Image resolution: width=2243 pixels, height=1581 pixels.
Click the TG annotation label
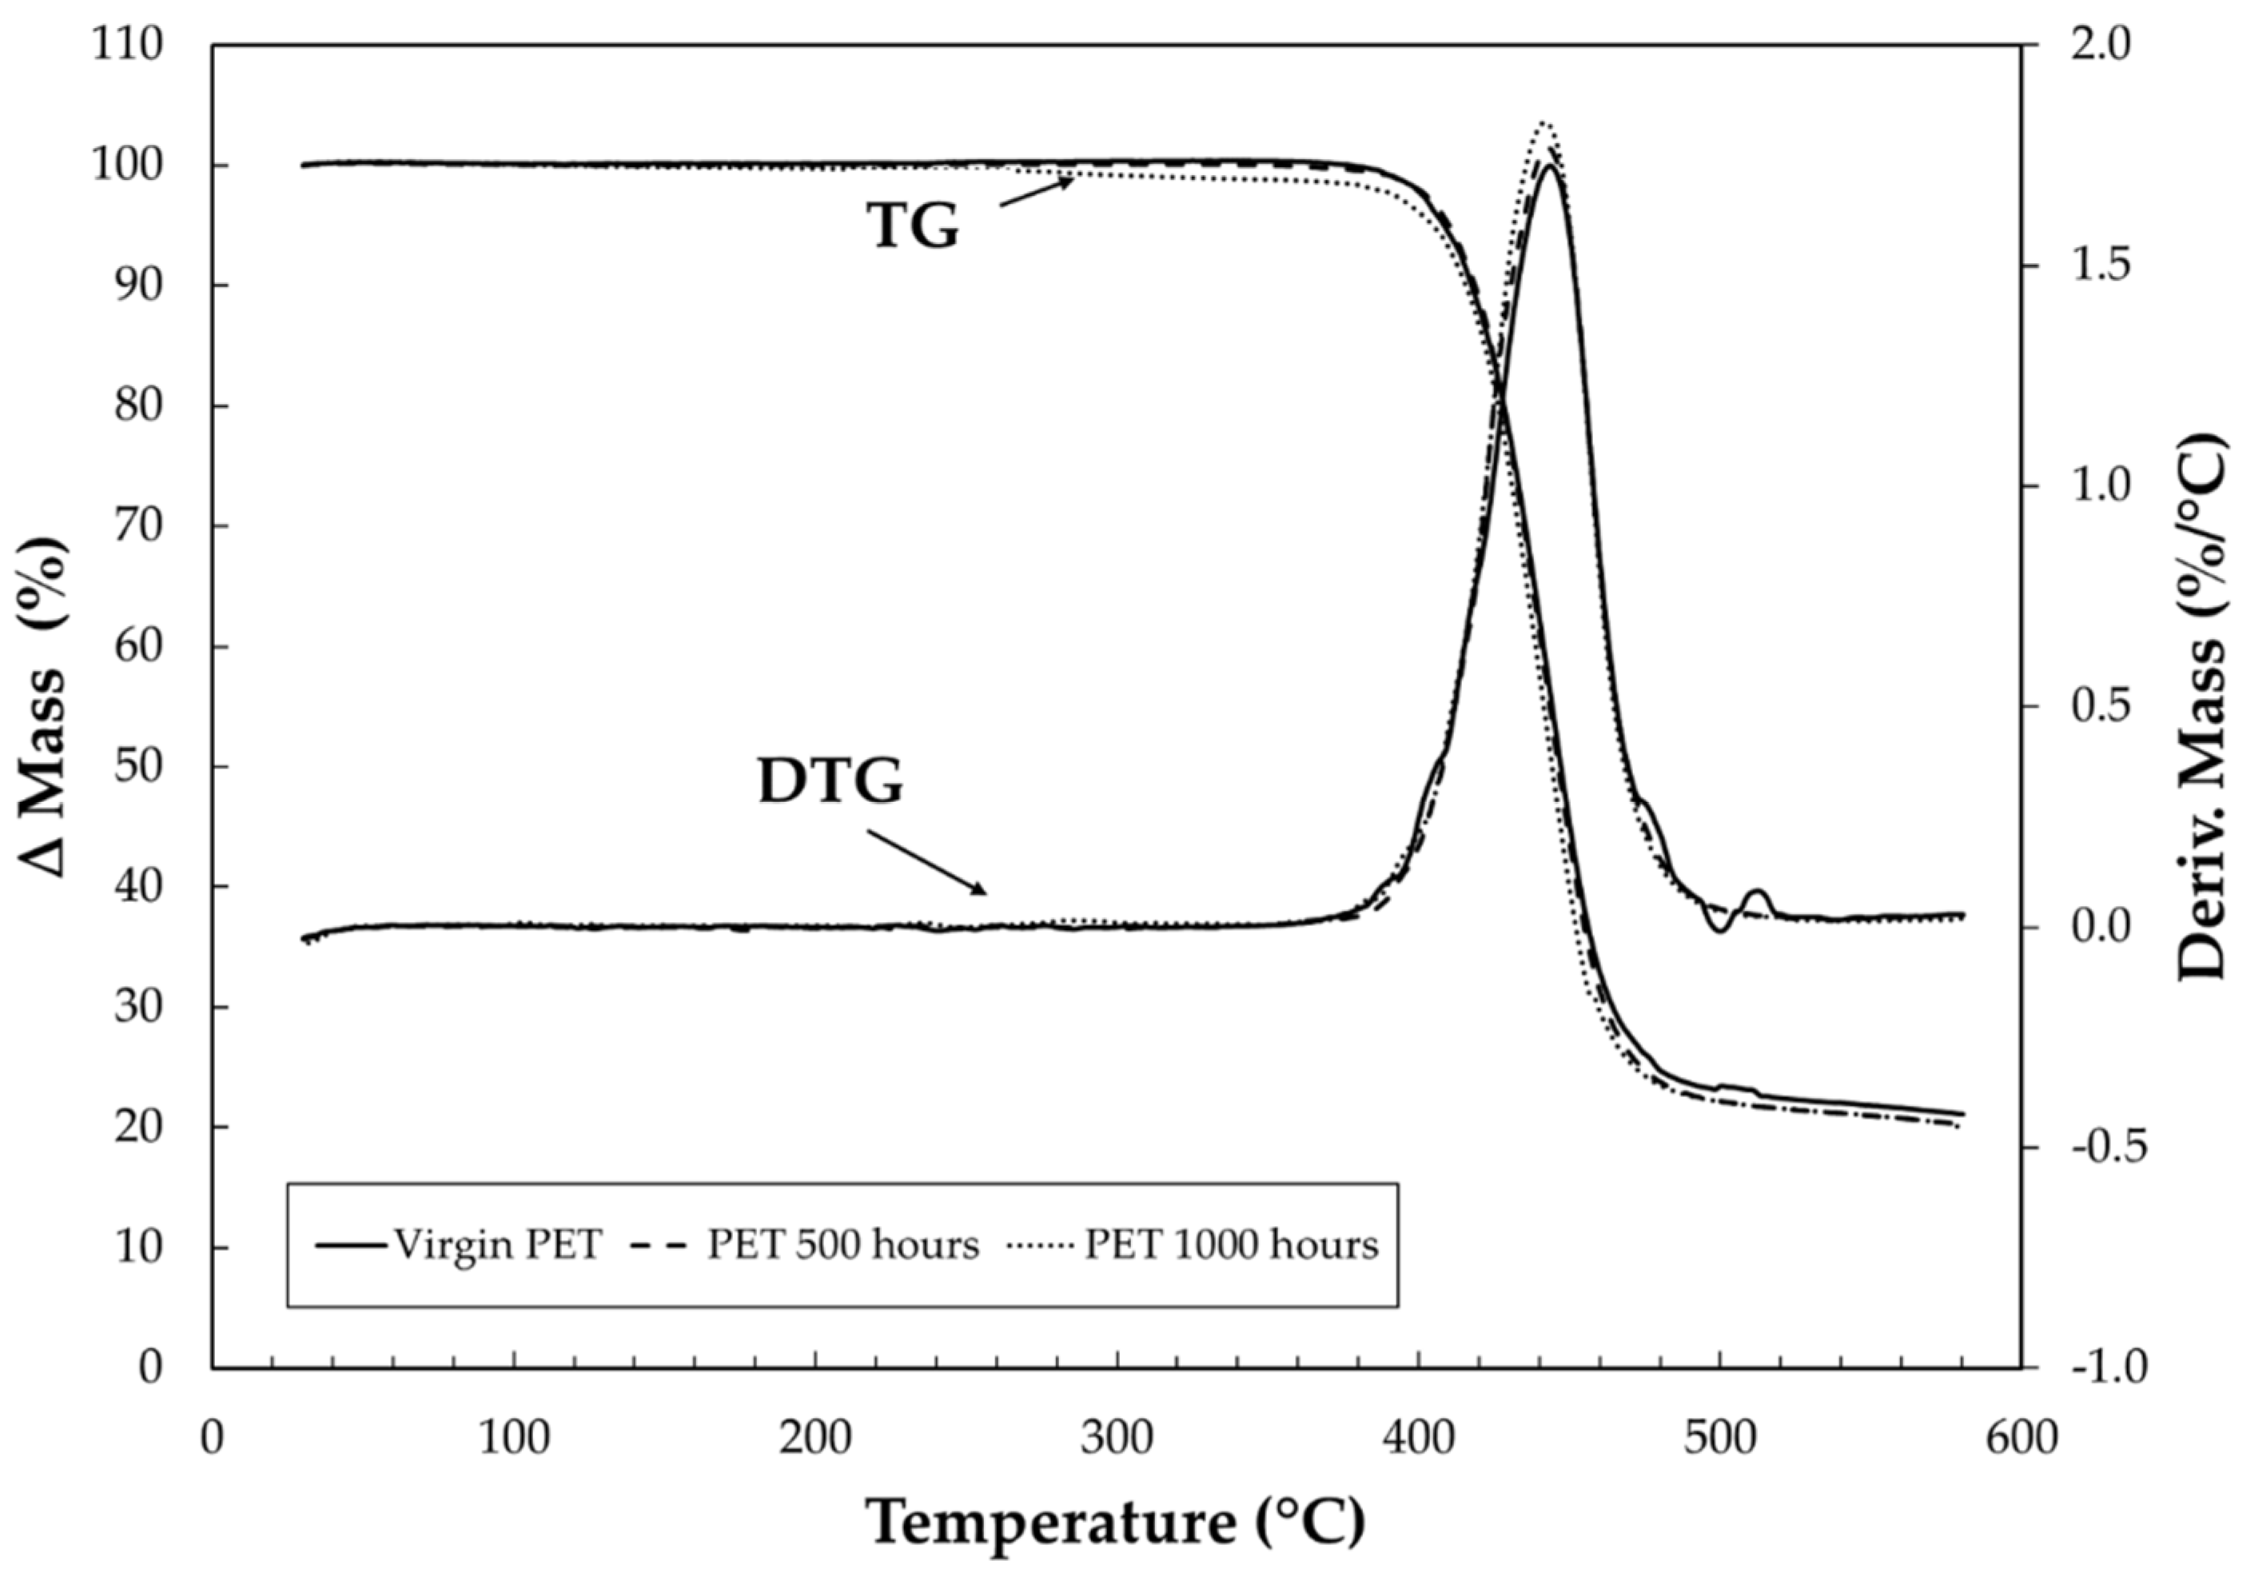coord(914,226)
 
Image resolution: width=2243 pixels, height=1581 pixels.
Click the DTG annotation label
coord(831,783)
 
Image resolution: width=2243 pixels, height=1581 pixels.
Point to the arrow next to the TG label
coord(1035,191)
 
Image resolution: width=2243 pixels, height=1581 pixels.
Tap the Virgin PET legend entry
coord(459,1245)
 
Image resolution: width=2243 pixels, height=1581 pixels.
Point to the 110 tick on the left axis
coord(127,45)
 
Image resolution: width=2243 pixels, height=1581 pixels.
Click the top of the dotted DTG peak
coord(1544,123)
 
